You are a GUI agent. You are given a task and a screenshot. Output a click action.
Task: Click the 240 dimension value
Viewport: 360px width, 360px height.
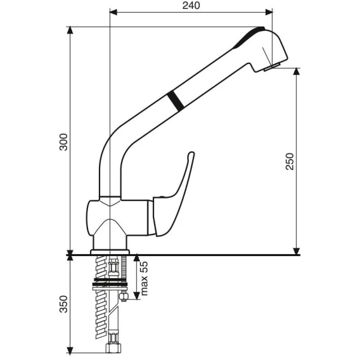pos(191,6)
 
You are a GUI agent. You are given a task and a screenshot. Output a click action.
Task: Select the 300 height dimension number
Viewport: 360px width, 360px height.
pos(63,142)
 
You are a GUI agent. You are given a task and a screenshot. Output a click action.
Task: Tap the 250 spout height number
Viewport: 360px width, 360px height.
pos(290,162)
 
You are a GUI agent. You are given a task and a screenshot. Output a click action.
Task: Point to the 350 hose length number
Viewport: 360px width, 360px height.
pos(63,304)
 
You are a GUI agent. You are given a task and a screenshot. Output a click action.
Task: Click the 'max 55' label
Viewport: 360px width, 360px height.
pos(144,278)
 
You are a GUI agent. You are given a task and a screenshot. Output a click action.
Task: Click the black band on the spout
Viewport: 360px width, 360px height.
pos(176,101)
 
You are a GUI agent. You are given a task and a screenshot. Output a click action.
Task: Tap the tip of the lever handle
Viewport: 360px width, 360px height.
pos(191,153)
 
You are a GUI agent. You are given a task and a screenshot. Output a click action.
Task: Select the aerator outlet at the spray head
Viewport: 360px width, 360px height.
pos(272,67)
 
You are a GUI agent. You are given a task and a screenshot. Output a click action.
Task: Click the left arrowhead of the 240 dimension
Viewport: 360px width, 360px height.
pos(113,12)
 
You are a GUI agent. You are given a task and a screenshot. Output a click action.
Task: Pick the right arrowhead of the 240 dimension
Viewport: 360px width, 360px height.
pos(269,12)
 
